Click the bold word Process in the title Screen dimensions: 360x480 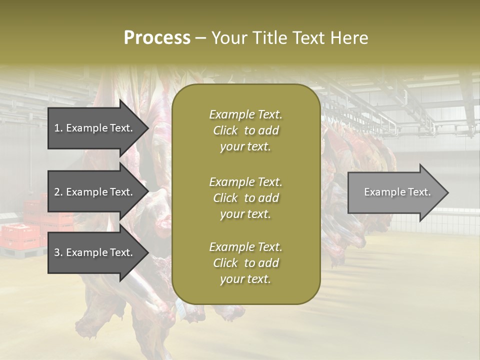[157, 38]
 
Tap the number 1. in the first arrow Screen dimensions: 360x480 [58, 128]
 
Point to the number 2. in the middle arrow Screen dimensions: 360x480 [58, 192]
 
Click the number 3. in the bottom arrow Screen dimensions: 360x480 [58, 252]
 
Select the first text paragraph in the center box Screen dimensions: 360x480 [245, 130]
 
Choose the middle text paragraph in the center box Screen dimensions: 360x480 [245, 198]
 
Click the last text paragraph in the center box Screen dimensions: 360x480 [245, 263]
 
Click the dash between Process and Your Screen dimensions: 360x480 [201, 38]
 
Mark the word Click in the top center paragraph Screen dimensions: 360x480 [225, 130]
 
